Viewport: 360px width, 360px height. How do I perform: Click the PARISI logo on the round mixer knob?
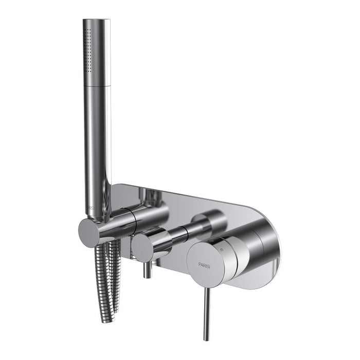(208, 264)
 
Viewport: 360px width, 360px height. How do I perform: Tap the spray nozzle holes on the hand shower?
(88, 49)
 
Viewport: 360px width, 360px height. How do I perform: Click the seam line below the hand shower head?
(97, 86)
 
